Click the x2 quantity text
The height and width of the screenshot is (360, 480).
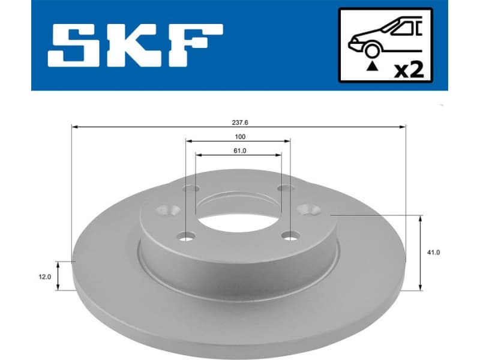point(409,70)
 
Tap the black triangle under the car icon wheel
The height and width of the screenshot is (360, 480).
point(373,68)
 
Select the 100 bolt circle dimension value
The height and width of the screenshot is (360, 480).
point(239,137)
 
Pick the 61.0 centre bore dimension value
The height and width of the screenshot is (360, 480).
point(239,151)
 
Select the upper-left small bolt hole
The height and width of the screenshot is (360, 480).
point(191,190)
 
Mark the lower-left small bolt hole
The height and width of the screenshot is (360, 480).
point(187,236)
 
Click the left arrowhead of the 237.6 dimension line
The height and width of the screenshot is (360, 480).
point(74,127)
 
